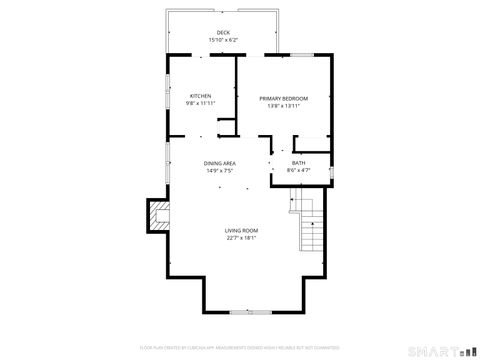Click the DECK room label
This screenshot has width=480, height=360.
(223, 33)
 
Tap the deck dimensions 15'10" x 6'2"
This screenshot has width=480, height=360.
(223, 40)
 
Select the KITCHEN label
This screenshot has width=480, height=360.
(201, 96)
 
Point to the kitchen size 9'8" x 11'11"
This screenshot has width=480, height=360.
(201, 103)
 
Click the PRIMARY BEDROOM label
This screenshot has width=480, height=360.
(284, 98)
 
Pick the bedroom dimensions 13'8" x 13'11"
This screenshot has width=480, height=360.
(284, 105)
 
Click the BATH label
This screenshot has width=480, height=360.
(298, 163)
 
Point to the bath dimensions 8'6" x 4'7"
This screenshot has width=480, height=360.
(298, 170)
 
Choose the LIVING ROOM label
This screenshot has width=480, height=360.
(241, 231)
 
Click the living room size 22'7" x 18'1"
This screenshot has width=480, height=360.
(241, 238)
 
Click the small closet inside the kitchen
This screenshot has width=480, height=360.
(227, 127)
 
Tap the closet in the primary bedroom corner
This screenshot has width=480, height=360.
(313, 141)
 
